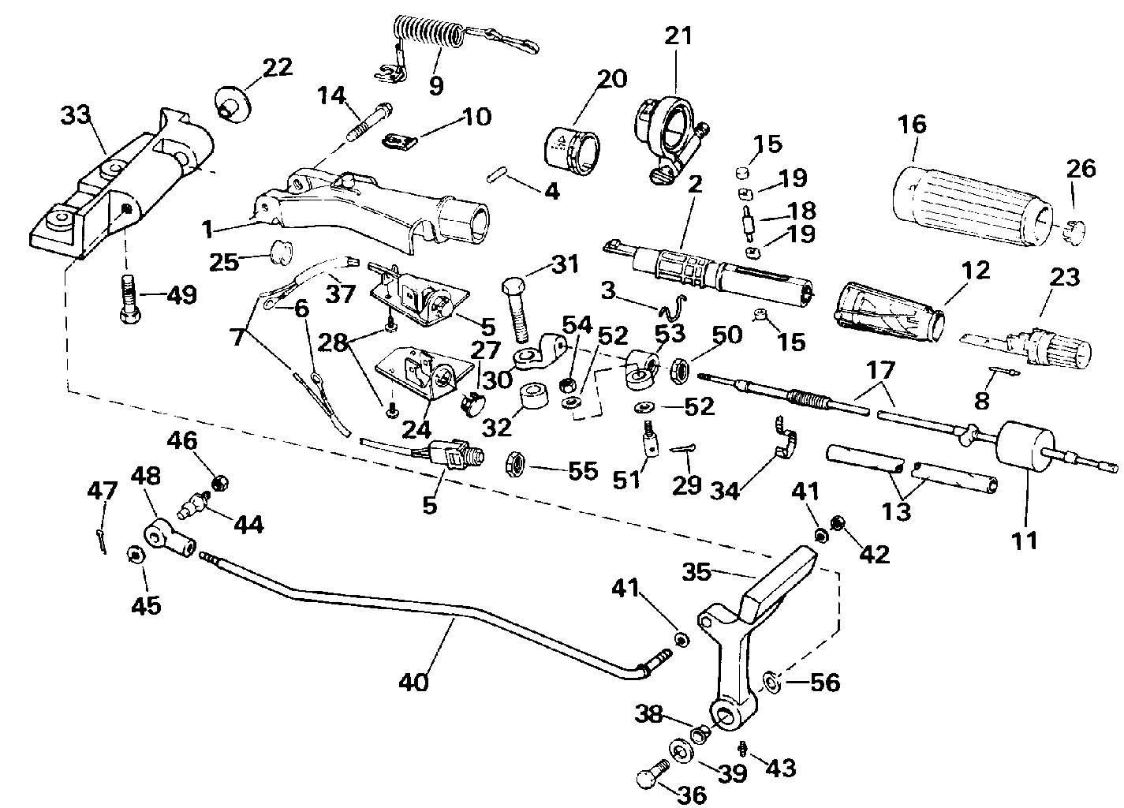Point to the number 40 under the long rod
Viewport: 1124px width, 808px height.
click(413, 681)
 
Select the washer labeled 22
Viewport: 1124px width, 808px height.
click(231, 103)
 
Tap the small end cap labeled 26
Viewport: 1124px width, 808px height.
click(1074, 229)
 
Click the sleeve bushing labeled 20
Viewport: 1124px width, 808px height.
click(573, 148)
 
